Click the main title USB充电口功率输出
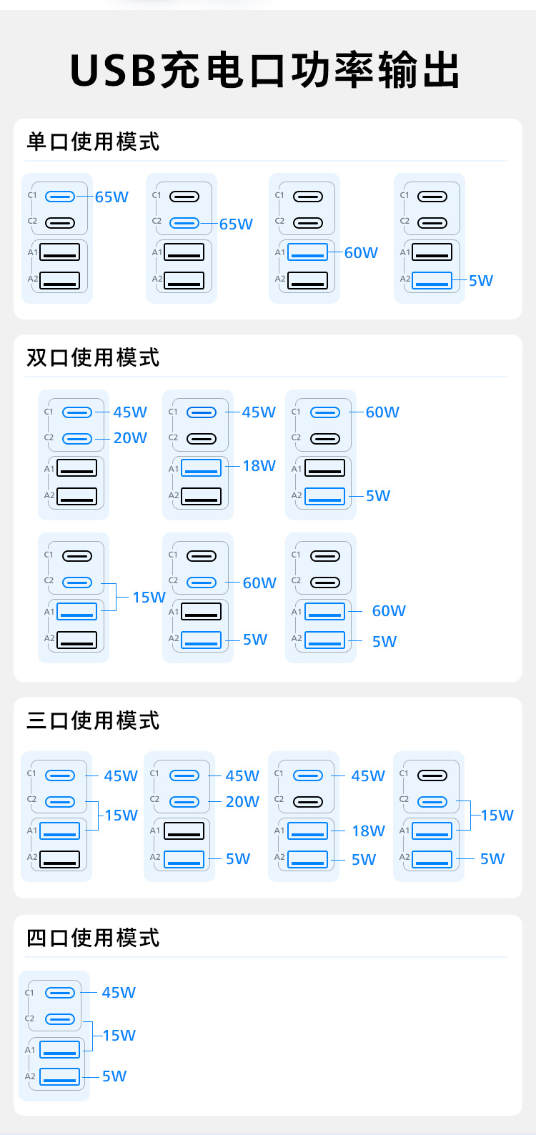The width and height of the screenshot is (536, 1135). [x=266, y=71]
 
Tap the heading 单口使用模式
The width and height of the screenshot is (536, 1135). [x=93, y=142]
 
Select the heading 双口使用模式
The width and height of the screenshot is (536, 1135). [x=93, y=357]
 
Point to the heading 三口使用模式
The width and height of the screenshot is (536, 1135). [x=93, y=720]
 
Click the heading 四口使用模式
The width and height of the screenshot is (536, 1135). [x=93, y=938]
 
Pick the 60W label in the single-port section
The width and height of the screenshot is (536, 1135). [x=361, y=253]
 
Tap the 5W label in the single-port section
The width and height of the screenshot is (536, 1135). [x=481, y=281]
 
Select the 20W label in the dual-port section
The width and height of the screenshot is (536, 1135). [x=130, y=438]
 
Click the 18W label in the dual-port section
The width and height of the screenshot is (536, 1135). [x=259, y=466]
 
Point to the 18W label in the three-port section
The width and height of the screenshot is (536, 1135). [x=368, y=831]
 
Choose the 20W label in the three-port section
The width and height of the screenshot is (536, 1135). [x=242, y=802]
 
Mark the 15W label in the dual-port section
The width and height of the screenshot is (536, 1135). [x=149, y=598]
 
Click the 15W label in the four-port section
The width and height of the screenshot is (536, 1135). [x=119, y=1036]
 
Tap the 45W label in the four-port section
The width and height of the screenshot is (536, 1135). [x=119, y=993]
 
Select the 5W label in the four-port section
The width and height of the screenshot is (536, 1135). [x=114, y=1076]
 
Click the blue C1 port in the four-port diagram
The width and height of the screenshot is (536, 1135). [x=59, y=993]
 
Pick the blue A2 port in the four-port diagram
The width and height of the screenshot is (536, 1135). [x=59, y=1076]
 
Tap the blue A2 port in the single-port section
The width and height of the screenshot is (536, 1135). [x=432, y=280]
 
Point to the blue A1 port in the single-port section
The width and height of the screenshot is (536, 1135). [x=308, y=252]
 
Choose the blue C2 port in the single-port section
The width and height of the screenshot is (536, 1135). [x=184, y=223]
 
